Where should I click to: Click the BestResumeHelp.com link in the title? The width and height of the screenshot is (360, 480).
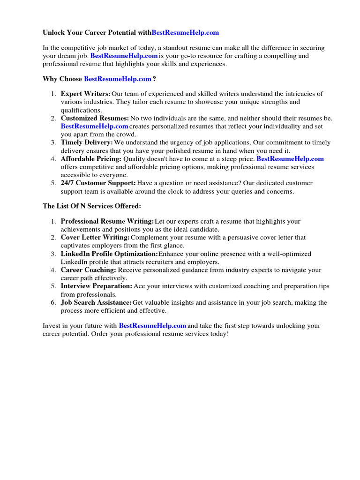185,33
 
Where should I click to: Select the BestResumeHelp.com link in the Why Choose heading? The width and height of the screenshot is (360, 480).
118,79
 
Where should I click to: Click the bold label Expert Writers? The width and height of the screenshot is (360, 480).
85,94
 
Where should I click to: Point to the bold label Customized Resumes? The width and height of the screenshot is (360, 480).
95,118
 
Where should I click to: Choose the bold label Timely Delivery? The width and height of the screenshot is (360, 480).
87,142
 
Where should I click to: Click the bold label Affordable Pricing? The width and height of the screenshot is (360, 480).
91,159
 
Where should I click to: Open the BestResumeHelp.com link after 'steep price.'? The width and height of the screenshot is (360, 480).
290,159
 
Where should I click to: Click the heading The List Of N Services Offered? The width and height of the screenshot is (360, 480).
92,206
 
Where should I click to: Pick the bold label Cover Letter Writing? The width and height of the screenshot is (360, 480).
95,238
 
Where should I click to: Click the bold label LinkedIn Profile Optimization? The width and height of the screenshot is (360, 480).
109,254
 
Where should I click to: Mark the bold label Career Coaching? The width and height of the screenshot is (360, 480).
89,270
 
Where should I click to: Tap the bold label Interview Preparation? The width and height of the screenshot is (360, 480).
97,286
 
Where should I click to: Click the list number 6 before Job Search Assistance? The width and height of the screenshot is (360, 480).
53,303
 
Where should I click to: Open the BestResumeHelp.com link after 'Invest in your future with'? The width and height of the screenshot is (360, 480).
152,325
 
